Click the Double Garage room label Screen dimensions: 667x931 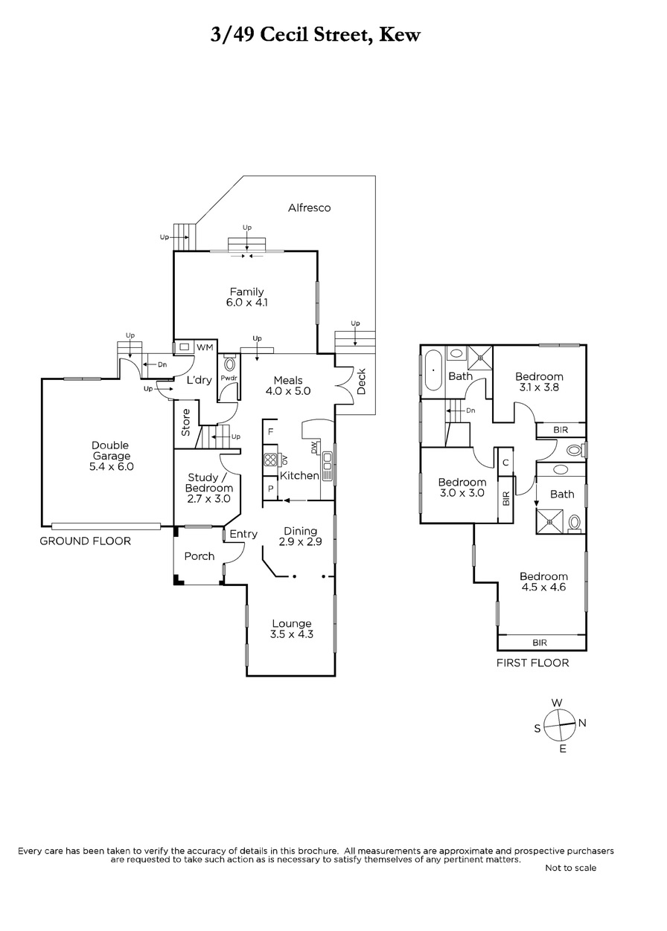pyautogui.click(x=111, y=456)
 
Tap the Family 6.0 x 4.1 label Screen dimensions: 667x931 pyautogui.click(x=246, y=297)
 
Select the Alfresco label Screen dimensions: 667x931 pyautogui.click(x=309, y=207)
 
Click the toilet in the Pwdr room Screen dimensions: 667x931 pyautogui.click(x=229, y=365)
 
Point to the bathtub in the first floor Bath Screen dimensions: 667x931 pyautogui.click(x=433, y=370)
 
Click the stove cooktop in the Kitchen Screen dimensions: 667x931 pyautogui.click(x=270, y=460)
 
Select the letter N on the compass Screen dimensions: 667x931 pyautogui.click(x=582, y=724)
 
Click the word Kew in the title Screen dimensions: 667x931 pyautogui.click(x=400, y=35)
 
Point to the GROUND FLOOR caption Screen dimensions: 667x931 pyautogui.click(x=86, y=541)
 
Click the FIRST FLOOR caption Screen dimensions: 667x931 pyautogui.click(x=532, y=663)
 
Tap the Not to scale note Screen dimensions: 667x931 pyautogui.click(x=570, y=868)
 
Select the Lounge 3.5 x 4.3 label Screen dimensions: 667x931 pyautogui.click(x=291, y=629)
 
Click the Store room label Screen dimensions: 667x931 pyautogui.click(x=185, y=422)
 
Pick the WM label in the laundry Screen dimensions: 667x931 pyautogui.click(x=204, y=347)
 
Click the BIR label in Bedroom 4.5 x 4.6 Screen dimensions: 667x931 pyautogui.click(x=540, y=643)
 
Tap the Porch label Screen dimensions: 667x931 pyautogui.click(x=200, y=556)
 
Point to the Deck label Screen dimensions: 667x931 pyautogui.click(x=361, y=381)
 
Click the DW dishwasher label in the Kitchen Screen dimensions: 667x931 pyautogui.click(x=313, y=448)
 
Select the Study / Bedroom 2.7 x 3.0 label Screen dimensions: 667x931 pyautogui.click(x=209, y=488)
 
